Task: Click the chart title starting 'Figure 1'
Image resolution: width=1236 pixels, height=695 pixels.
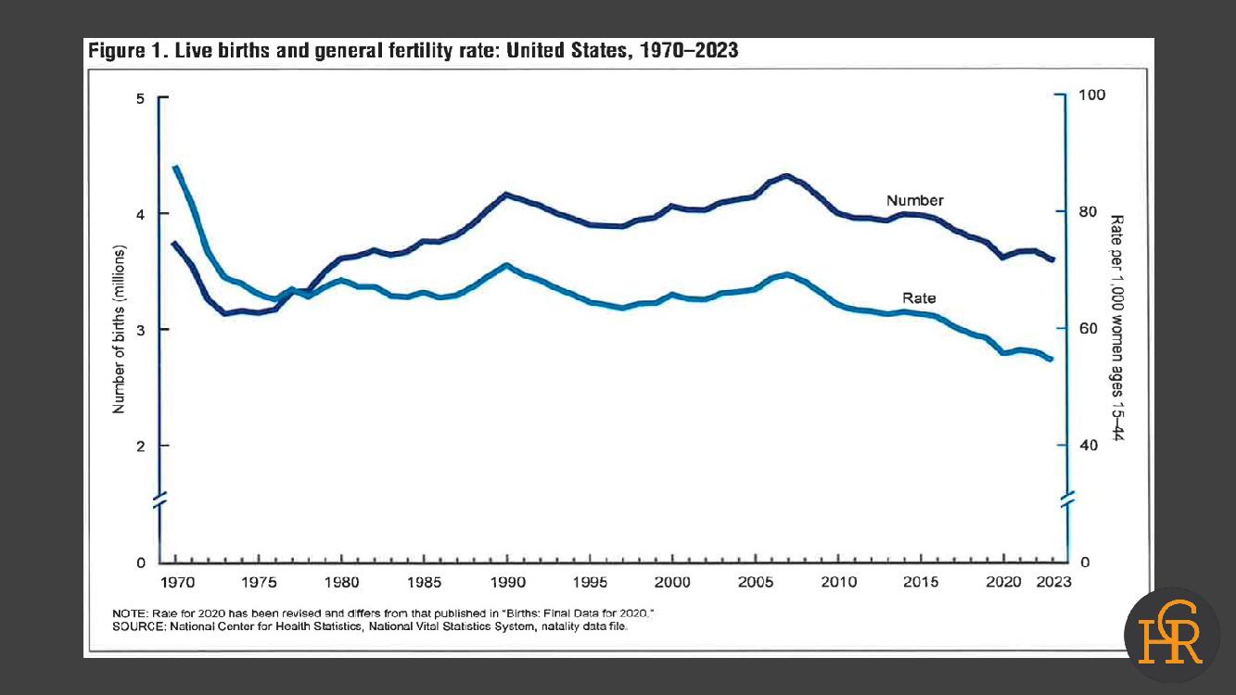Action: pyautogui.click(x=413, y=51)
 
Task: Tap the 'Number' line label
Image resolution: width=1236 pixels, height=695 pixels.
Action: pyautogui.click(x=914, y=200)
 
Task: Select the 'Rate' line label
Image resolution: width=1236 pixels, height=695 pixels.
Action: pyautogui.click(x=919, y=298)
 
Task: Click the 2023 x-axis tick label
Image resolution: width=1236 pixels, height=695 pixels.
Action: pyautogui.click(x=1053, y=582)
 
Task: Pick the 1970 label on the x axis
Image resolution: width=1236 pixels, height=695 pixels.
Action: pyautogui.click(x=176, y=582)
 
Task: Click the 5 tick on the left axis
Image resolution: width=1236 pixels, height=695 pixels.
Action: pyautogui.click(x=141, y=97)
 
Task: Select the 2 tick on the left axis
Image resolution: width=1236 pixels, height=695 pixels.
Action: pyautogui.click(x=141, y=446)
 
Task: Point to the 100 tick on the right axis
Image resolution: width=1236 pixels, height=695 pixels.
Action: pyautogui.click(x=1086, y=95)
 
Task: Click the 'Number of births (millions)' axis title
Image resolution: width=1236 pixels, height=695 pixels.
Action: pyautogui.click(x=119, y=329)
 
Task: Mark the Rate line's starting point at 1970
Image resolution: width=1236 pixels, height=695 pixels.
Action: pyautogui.click(x=175, y=167)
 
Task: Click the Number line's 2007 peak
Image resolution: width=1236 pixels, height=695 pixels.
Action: pyautogui.click(x=786, y=175)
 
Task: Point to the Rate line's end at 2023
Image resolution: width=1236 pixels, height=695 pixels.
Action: pyautogui.click(x=1051, y=360)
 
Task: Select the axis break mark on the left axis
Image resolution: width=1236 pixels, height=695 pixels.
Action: pyautogui.click(x=159, y=500)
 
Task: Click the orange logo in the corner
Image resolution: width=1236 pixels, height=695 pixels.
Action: pyautogui.click(x=1171, y=635)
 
